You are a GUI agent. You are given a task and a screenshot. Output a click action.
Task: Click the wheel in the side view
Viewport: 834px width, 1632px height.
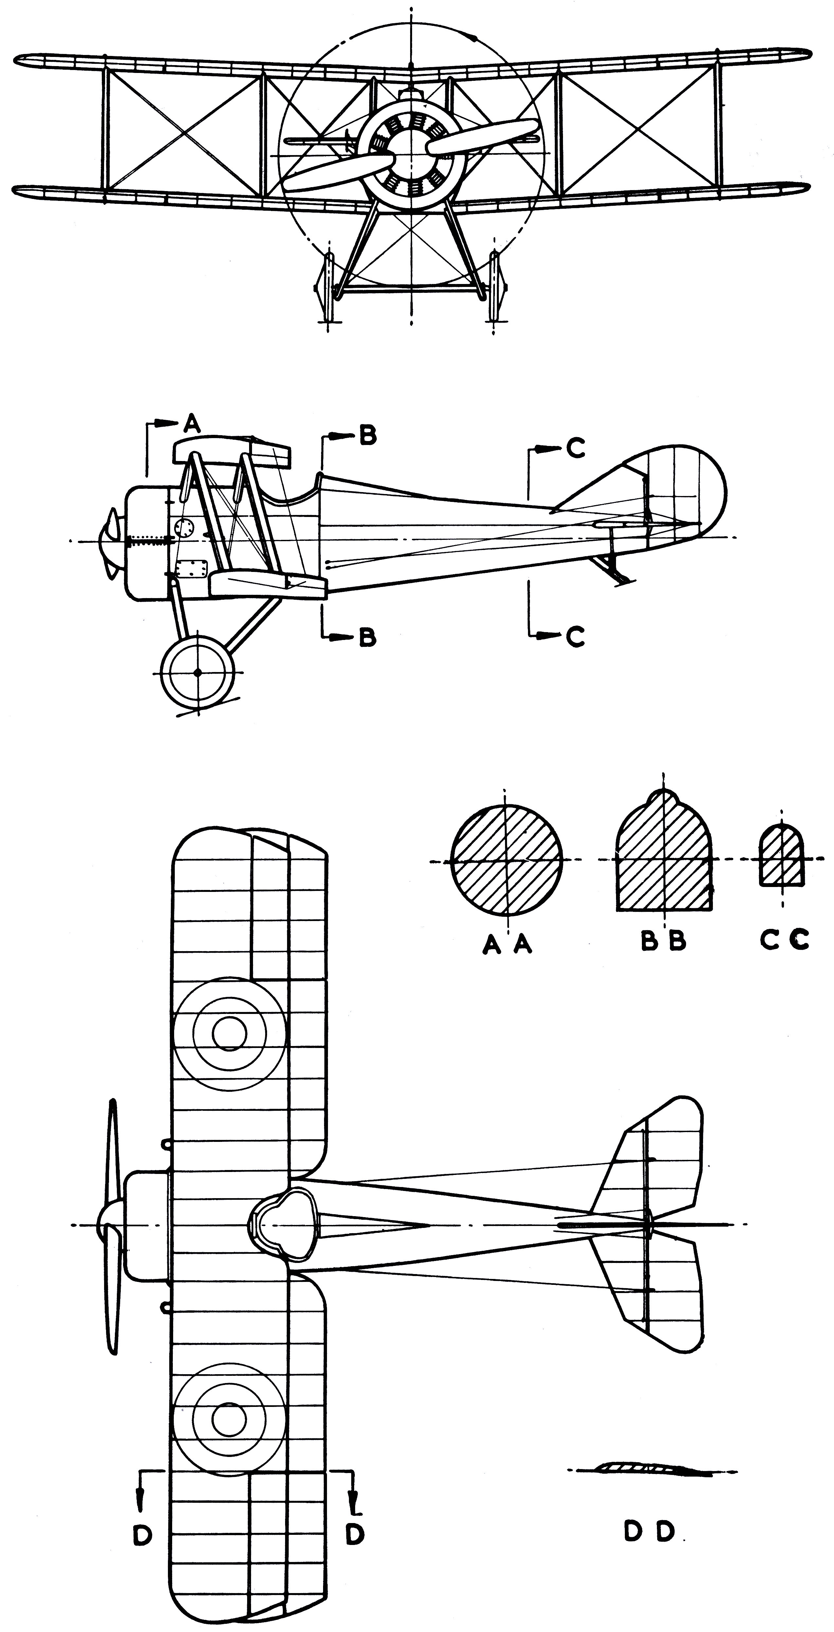click(x=198, y=672)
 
